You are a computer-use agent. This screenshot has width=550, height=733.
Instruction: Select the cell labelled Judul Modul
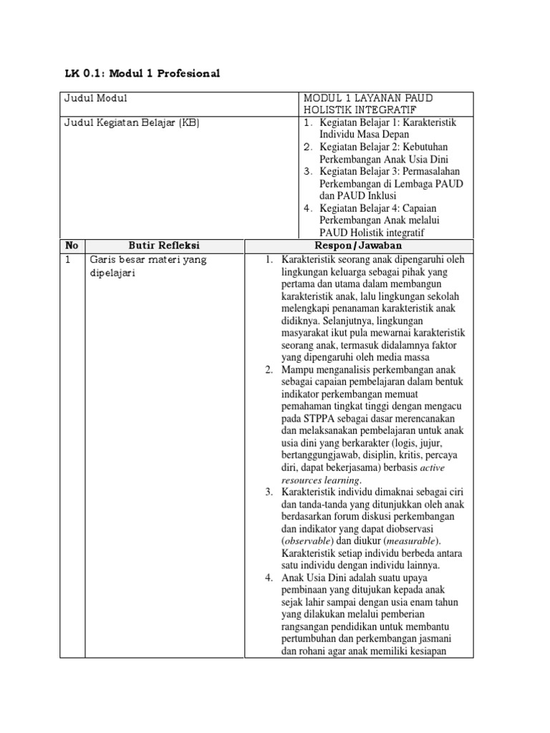[x=96, y=98]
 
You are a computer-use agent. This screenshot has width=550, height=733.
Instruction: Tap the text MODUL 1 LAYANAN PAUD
[x=368, y=98]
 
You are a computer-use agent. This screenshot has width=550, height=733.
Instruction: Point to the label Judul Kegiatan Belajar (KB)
[x=131, y=122]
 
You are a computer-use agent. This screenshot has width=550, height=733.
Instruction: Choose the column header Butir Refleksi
[x=164, y=246]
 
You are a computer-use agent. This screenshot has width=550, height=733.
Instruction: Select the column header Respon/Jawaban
[x=359, y=246]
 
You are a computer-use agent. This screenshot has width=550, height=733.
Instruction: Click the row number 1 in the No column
[x=68, y=260]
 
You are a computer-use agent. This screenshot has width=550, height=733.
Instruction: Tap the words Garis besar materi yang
[x=147, y=260]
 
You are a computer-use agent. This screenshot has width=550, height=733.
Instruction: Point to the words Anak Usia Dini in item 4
[x=315, y=578]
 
